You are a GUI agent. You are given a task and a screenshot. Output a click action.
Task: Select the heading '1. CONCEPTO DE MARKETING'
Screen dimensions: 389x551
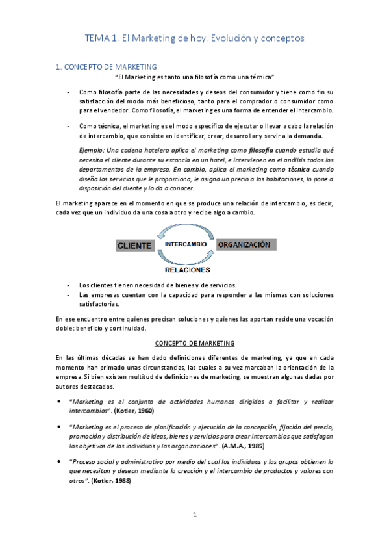[107, 66]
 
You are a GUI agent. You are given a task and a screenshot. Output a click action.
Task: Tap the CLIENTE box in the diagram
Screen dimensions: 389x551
[135, 246]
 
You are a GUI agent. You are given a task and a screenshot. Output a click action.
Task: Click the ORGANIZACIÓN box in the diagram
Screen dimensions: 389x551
[244, 245]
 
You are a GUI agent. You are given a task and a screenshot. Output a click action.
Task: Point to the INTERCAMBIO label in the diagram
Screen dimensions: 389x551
[186, 244]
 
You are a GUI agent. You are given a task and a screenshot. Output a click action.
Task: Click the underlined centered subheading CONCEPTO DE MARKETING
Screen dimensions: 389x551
[194, 342]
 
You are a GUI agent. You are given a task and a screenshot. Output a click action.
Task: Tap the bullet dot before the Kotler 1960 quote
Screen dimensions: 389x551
[59, 402]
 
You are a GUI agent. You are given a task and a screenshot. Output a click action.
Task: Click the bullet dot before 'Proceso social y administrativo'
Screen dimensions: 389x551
[59, 461]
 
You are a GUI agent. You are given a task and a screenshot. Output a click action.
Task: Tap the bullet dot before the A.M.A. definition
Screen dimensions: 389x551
[59, 427]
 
